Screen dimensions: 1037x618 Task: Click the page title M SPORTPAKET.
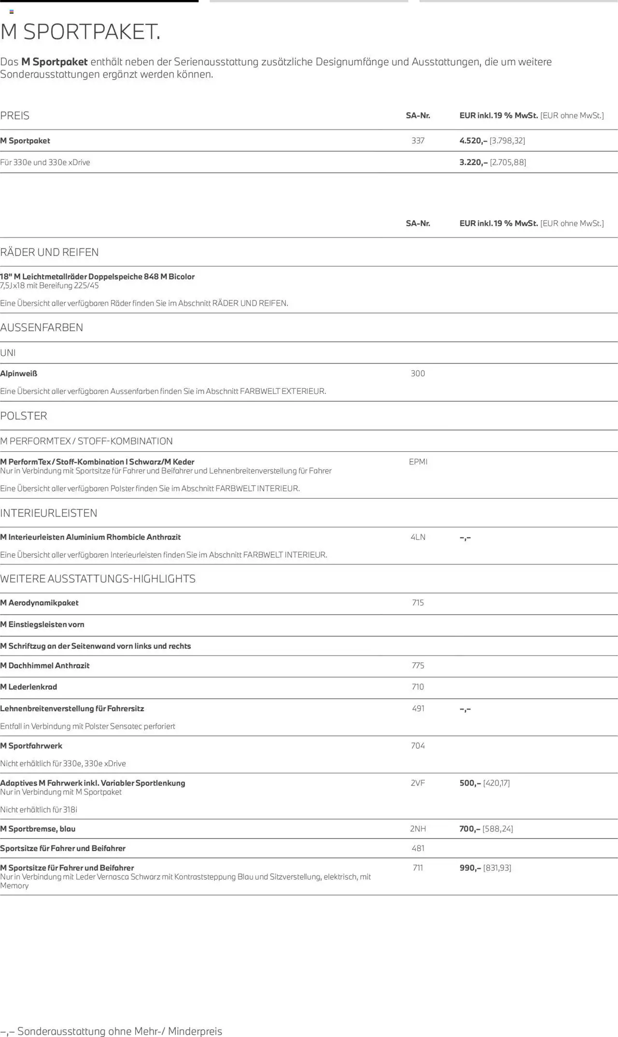[80, 32]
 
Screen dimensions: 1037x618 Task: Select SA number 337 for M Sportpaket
[418, 140]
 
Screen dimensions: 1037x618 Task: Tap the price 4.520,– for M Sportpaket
[473, 140]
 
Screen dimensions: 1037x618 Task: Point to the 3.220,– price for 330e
[473, 162]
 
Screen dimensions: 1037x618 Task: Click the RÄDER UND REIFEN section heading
[49, 252]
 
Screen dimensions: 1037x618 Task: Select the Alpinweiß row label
[19, 373]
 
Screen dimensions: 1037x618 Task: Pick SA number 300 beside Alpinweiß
[418, 373]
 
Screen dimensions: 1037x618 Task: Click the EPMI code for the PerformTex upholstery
[418, 462]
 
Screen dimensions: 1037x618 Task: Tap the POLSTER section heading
[24, 416]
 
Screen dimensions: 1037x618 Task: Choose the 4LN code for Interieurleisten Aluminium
[418, 537]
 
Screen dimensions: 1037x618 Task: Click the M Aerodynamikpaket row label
[39, 603]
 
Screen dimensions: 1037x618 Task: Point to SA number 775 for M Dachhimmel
[418, 665]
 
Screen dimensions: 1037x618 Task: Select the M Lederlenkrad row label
[28, 687]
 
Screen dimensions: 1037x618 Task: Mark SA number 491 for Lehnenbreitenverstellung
[418, 708]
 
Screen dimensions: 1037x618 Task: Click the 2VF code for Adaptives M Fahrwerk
[418, 783]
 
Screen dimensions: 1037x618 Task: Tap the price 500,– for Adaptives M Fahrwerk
[470, 783]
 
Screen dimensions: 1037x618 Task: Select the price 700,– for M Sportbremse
[470, 828]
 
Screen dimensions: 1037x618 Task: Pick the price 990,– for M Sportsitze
[470, 868]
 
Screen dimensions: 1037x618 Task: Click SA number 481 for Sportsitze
[418, 848]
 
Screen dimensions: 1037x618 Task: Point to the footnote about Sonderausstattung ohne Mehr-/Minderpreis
[111, 1031]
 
